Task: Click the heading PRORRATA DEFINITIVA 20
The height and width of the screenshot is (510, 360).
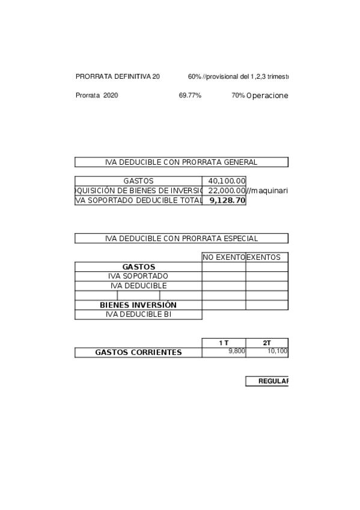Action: (118, 76)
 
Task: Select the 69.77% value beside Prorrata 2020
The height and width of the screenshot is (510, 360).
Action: (190, 96)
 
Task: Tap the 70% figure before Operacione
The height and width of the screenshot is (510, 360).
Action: (237, 96)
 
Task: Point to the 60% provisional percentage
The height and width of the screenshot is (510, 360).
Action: (194, 76)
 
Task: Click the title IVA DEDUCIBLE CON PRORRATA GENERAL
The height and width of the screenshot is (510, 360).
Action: (181, 162)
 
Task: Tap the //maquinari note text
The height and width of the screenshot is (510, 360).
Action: (267, 191)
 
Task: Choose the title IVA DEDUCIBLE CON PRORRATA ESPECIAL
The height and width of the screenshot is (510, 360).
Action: (181, 238)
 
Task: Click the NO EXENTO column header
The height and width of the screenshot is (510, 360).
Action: (224, 257)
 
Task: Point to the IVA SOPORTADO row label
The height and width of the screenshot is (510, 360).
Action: (138, 276)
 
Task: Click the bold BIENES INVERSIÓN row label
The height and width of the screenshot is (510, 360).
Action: (138, 305)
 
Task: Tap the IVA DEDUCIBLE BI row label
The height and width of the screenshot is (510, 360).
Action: (138, 314)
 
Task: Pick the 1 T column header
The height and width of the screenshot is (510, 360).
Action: (224, 343)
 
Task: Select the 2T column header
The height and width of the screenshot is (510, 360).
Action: (267, 343)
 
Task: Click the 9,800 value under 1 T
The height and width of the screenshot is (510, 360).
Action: (236, 351)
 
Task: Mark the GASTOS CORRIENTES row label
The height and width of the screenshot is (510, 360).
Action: (138, 352)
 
